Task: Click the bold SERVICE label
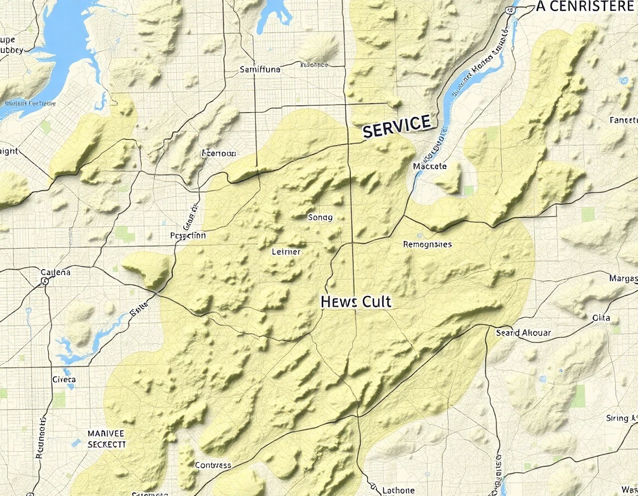397,126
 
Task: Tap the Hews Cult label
356,302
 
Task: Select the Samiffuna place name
260,70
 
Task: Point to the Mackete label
430,166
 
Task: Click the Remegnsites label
427,244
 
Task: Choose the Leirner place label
286,252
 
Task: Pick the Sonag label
320,218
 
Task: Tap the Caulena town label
56,272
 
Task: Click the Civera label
64,380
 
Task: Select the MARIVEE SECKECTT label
106,438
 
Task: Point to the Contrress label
213,465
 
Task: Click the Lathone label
398,490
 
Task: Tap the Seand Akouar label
523,333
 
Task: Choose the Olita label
601,318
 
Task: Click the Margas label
623,278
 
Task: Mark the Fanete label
623,120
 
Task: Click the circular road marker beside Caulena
45,281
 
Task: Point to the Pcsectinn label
188,235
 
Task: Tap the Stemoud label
219,153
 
